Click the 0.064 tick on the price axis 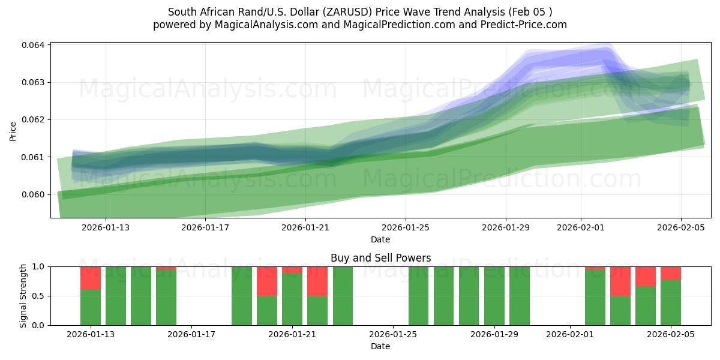[x=34, y=45]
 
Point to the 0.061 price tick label [x=34, y=157]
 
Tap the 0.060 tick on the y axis [x=34, y=194]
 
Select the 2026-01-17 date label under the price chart [x=206, y=227]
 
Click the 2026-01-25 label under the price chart [x=406, y=227]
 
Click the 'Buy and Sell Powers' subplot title [x=380, y=259]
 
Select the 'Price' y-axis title [x=13, y=130]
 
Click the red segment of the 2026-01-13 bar [x=91, y=278]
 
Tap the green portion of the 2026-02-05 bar [x=671, y=302]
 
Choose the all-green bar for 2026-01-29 [x=494, y=296]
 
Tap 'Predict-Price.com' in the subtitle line [x=526, y=25]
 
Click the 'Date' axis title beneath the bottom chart [x=380, y=346]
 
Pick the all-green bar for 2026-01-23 [x=343, y=296]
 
